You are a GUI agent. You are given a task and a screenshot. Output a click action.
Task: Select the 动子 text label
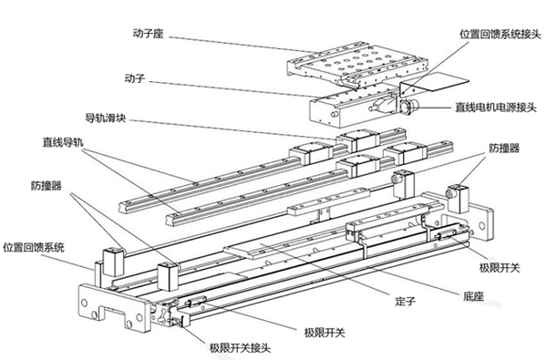135,79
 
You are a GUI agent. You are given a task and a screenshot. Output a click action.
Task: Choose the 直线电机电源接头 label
497,107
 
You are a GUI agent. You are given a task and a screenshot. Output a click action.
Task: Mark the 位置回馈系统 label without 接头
37,247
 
